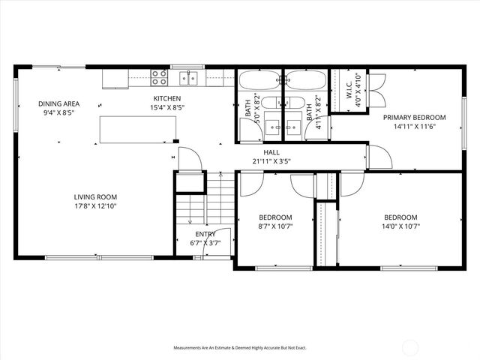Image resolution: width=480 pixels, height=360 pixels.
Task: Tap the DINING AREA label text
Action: click(59, 104)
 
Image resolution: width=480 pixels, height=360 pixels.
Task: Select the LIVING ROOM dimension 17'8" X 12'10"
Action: click(94, 206)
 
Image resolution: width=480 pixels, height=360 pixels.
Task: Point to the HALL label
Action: click(271, 152)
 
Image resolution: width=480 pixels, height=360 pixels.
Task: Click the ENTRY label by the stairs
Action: click(205, 234)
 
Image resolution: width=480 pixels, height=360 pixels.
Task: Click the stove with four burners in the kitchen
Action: click(159, 75)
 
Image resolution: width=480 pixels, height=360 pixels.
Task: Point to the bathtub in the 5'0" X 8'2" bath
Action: click(259, 79)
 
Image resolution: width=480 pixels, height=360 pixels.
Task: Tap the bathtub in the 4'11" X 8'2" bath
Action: click(304, 79)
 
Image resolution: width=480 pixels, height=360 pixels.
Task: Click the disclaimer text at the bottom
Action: click(240, 348)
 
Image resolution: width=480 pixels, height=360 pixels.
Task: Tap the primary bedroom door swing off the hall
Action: click(378, 157)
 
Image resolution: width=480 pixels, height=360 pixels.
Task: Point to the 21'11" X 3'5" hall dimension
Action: click(271, 161)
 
